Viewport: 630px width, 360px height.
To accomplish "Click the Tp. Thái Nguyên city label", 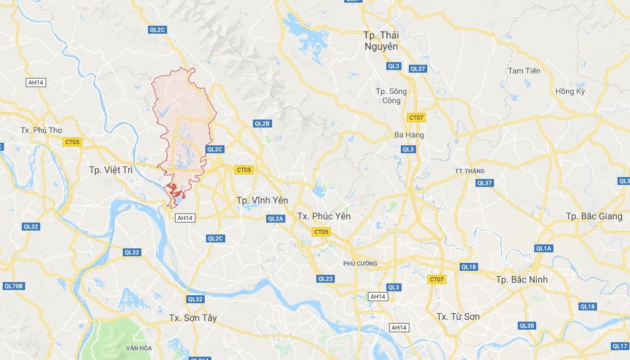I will pyautogui.click(x=381, y=40).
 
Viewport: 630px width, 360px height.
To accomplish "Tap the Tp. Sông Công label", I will pyautogui.click(x=391, y=96).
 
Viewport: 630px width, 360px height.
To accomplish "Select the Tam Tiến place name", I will pyautogui.click(x=524, y=71).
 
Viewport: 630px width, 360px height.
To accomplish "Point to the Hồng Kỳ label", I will pyautogui.click(x=570, y=91).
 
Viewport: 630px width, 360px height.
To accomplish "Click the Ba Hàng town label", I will pyautogui.click(x=409, y=135).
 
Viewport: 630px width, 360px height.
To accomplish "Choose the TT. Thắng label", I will pyautogui.click(x=470, y=171).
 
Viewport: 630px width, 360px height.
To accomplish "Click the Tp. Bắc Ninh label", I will pyautogui.click(x=522, y=279).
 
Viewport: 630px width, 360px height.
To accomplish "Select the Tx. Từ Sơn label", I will pyautogui.click(x=458, y=316).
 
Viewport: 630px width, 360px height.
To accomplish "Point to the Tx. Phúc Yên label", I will pyautogui.click(x=324, y=216).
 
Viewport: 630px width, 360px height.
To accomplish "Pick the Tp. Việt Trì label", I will pyautogui.click(x=111, y=170).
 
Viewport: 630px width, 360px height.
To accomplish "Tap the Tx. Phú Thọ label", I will pyautogui.click(x=41, y=130).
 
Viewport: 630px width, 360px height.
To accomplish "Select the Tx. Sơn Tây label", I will pyautogui.click(x=193, y=318).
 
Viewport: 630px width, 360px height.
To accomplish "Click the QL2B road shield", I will pyautogui.click(x=262, y=124).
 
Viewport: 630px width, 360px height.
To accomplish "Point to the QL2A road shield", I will pyautogui.click(x=275, y=219).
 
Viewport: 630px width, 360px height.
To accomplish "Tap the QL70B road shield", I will pyautogui.click(x=13, y=286).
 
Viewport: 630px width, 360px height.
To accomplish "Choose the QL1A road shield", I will pyautogui.click(x=543, y=248).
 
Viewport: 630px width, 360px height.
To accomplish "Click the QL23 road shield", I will pyautogui.click(x=325, y=279).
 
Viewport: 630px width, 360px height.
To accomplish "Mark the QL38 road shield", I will pyautogui.click(x=526, y=326).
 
